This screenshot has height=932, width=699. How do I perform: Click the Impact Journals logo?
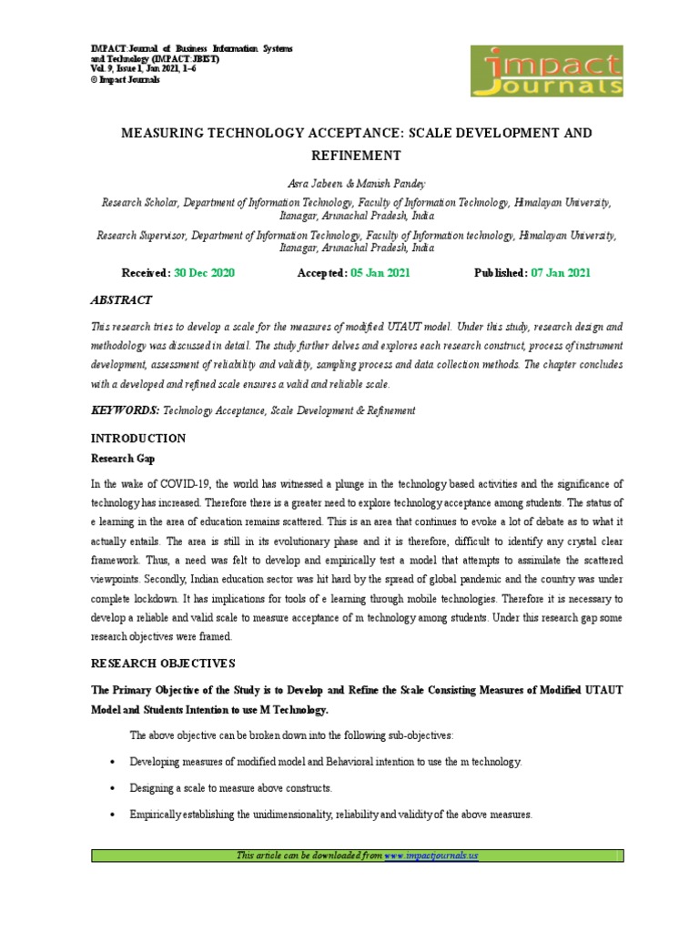point(546,70)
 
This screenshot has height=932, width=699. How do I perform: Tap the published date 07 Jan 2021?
point(561,273)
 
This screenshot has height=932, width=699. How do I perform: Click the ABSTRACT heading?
point(121,299)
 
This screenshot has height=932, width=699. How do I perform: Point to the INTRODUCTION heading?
point(137,438)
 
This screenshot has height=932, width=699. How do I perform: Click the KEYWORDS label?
point(125,410)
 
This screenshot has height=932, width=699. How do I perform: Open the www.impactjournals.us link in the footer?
point(431,856)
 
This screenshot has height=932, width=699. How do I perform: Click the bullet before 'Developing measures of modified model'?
point(111,762)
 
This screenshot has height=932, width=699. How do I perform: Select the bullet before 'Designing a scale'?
point(111,788)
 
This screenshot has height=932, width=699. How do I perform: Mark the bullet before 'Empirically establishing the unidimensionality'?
point(111,815)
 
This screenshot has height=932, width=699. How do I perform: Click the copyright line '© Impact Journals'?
point(126,80)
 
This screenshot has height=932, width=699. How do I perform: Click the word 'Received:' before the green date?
point(146,273)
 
